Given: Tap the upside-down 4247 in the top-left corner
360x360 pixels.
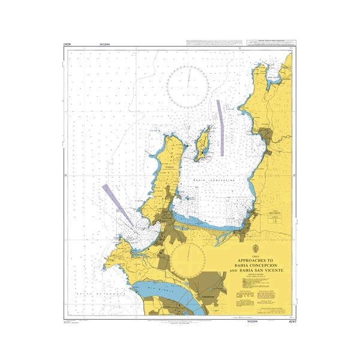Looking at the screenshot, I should point(68,45).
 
